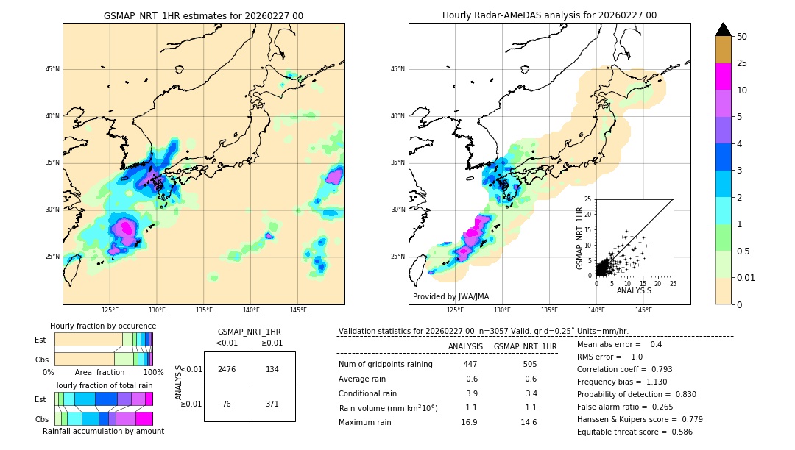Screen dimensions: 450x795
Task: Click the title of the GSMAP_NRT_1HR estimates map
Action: [203, 16]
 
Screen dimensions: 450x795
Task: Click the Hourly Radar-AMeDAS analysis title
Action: [549, 15]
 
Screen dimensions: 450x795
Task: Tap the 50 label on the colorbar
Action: [742, 37]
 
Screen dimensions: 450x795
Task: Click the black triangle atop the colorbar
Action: [724, 29]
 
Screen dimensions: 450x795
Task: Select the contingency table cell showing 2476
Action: [227, 369]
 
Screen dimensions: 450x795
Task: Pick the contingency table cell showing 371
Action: [272, 404]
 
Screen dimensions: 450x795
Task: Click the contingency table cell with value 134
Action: [272, 369]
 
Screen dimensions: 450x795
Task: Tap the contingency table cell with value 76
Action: [227, 404]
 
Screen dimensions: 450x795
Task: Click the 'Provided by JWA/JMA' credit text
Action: [451, 297]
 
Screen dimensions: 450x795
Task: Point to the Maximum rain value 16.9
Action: [470, 422]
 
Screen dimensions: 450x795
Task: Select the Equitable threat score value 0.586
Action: [676, 432]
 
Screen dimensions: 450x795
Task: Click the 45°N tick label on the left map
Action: [52, 69]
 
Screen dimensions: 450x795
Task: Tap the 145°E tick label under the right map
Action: [643, 310]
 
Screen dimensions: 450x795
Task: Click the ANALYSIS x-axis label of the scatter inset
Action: [634, 290]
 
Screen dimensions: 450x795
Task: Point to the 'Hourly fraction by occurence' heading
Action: [103, 326]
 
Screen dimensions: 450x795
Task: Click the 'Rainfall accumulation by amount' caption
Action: [103, 431]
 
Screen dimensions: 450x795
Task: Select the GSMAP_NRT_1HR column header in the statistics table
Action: [525, 346]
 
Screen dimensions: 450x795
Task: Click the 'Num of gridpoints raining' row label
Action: [386, 364]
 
